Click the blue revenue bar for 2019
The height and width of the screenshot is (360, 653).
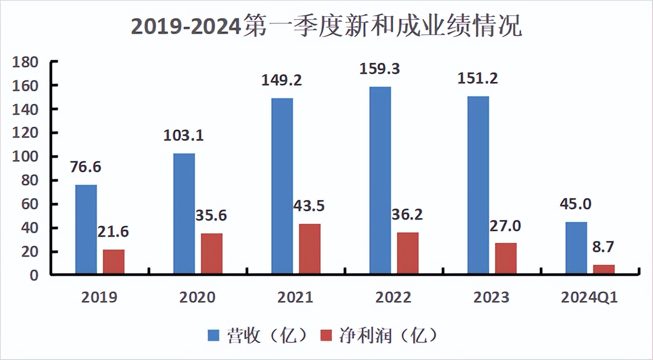86,229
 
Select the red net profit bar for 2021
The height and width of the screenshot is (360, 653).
310,249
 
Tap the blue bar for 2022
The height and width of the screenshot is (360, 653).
380,180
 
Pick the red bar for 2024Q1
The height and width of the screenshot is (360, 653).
604,270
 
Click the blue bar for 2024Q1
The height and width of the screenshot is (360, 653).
576,248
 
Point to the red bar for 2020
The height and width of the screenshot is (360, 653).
212,254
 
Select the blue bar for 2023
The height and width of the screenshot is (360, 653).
478,185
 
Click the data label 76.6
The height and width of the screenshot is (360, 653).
86,168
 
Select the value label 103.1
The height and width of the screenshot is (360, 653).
183,136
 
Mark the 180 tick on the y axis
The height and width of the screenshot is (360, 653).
28,62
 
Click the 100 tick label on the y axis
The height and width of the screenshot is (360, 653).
28,157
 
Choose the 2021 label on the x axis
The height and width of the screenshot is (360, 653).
296,298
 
